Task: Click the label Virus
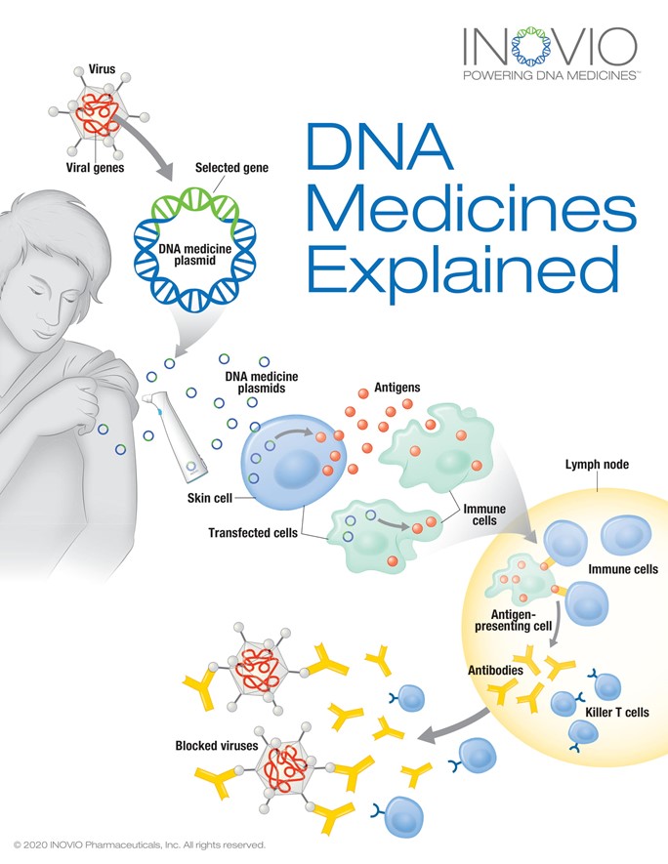pyautogui.click(x=101, y=71)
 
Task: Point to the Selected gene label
pyautogui.click(x=231, y=168)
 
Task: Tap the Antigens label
pyautogui.click(x=397, y=388)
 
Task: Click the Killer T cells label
pyautogui.click(x=616, y=713)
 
